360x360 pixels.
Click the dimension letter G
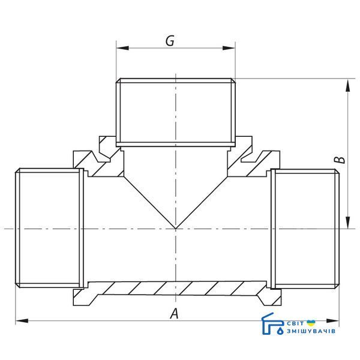(170, 41)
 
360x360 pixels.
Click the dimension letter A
(174, 313)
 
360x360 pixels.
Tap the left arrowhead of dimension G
(122, 48)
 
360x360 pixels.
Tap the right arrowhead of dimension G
(229, 48)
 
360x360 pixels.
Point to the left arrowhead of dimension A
(22, 321)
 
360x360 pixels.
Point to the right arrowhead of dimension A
(332, 321)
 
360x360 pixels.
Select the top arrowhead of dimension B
(348, 85)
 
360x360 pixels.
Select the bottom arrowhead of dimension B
(348, 222)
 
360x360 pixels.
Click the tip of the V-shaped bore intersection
(176, 229)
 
